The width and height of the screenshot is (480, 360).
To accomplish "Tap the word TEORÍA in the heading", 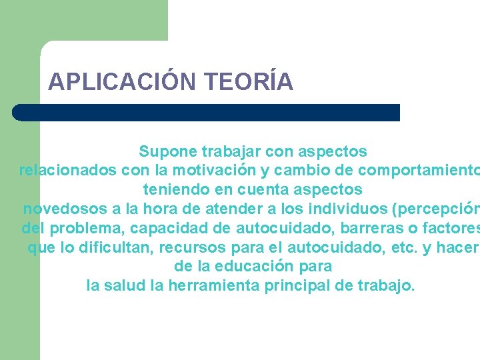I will (250, 81).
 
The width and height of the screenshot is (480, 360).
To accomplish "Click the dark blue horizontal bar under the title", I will (207, 112).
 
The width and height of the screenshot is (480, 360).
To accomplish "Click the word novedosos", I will (65, 209).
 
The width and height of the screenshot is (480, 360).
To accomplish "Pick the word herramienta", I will (215, 286).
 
